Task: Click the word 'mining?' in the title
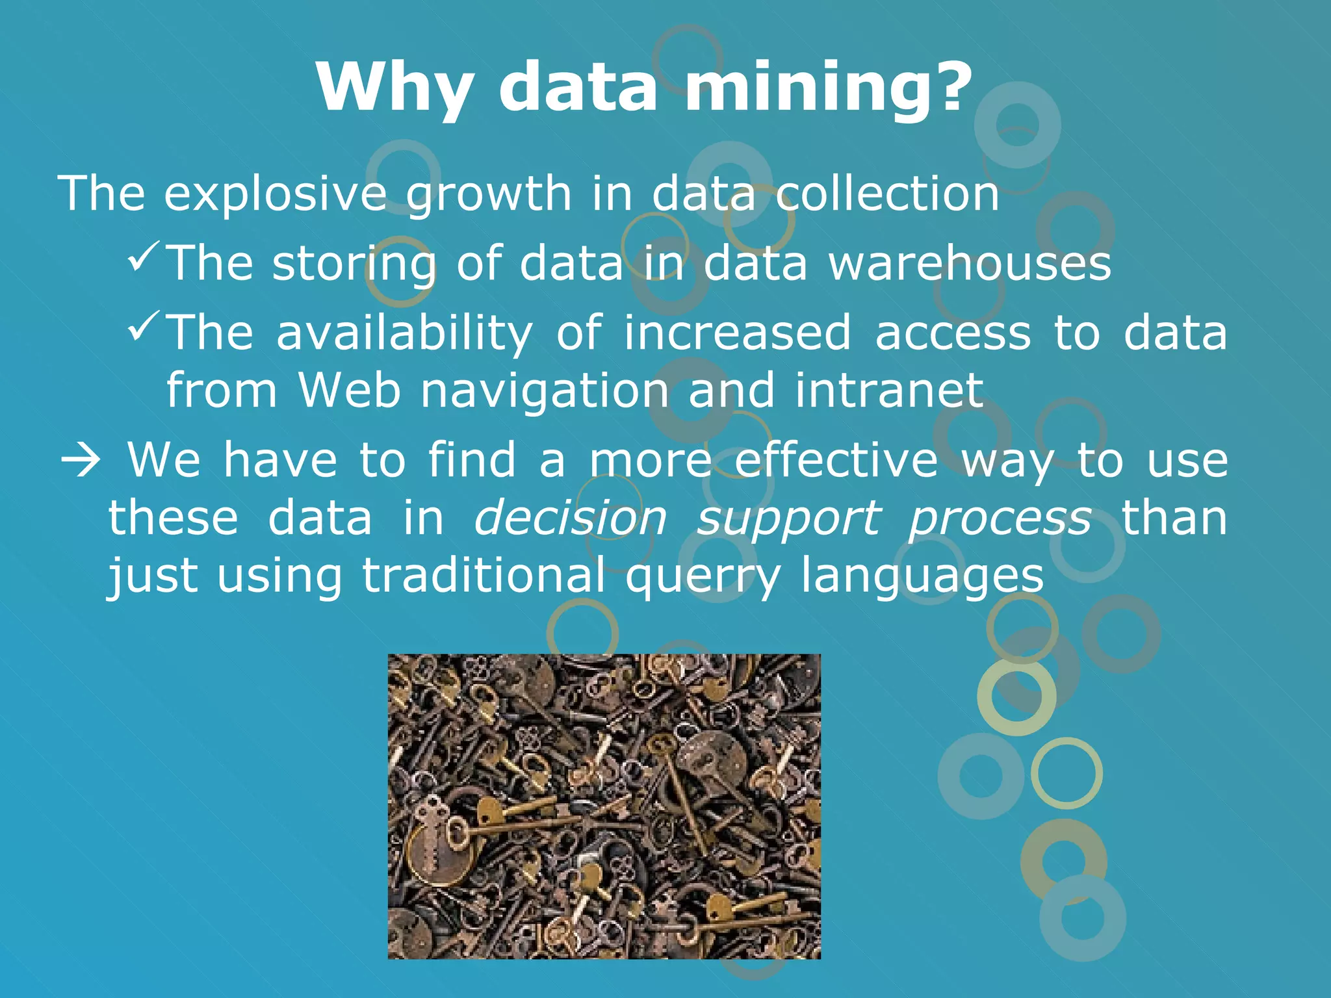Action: (827, 88)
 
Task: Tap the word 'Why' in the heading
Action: (394, 88)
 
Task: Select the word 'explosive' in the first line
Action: (275, 194)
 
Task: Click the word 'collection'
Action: (887, 194)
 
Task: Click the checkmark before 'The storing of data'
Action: (144, 257)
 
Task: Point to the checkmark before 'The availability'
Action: (144, 327)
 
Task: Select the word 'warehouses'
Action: (970, 263)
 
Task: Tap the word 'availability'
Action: (404, 333)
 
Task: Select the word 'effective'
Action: (836, 459)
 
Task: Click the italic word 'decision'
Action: (570, 518)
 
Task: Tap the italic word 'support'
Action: (788, 519)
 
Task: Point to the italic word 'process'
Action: (1000, 518)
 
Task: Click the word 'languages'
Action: (922, 576)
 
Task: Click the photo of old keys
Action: (604, 806)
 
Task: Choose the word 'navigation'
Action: (545, 391)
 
